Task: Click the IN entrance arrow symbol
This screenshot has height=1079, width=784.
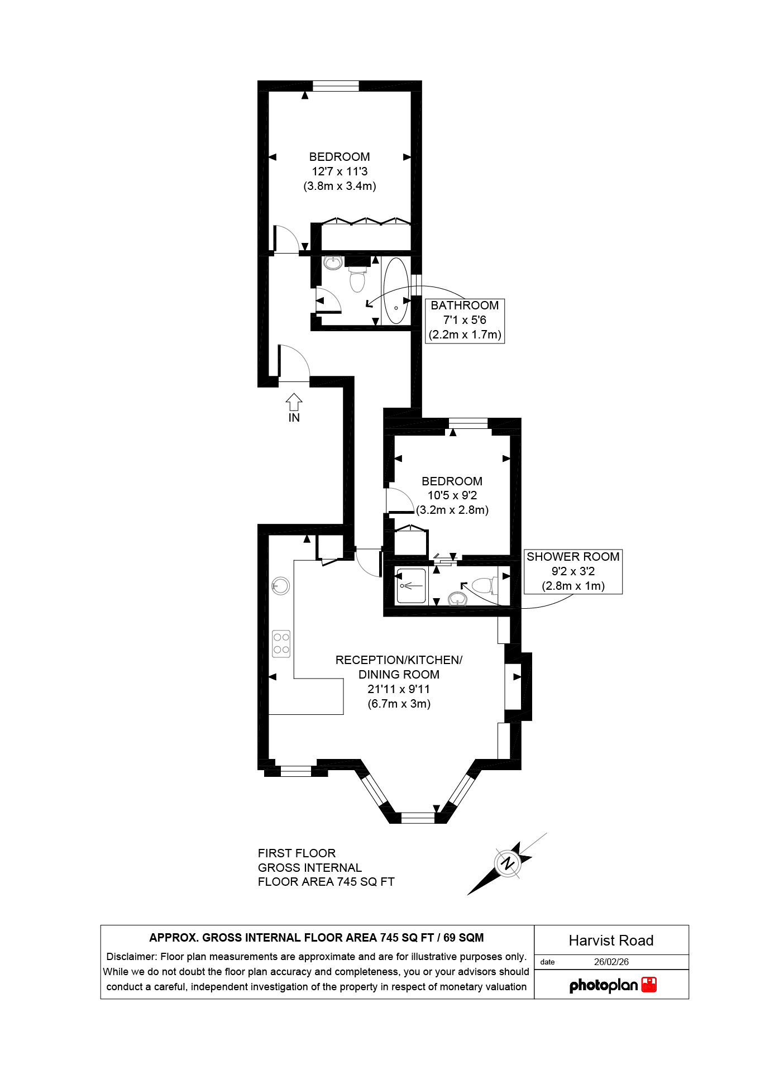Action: click(294, 402)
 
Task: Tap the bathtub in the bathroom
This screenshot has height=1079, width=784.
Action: click(396, 290)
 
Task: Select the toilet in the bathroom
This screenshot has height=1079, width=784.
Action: click(357, 279)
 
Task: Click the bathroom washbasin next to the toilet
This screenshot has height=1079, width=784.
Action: click(333, 262)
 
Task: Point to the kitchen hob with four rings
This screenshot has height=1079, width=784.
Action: click(281, 643)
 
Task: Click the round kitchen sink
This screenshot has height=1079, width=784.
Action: click(281, 586)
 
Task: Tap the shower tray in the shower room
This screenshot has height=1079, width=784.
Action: click(412, 586)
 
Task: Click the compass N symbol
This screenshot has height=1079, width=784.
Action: click(508, 863)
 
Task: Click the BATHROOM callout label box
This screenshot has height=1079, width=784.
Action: click(465, 321)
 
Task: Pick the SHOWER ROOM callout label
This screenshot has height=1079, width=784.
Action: click(573, 571)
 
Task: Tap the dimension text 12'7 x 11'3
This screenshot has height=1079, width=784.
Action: click(340, 171)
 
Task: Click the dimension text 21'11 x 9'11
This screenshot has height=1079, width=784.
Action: click(399, 689)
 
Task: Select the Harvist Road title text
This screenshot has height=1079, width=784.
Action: click(611, 940)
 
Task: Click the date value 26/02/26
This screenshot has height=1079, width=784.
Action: click(611, 962)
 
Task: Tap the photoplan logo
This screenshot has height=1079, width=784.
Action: click(612, 985)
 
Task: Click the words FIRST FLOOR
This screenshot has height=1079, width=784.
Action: click(297, 853)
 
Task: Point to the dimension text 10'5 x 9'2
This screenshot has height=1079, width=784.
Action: click(452, 495)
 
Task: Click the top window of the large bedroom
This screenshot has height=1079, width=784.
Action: click(336, 86)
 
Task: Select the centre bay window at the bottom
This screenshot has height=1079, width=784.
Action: click(418, 818)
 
